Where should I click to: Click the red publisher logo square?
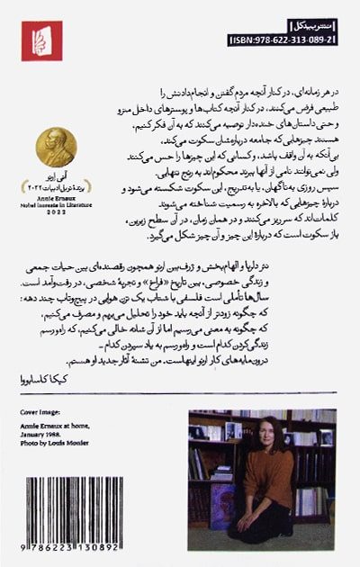pyautogui.click(x=41, y=40)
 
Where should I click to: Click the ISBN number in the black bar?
pyautogui.click(x=283, y=40)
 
